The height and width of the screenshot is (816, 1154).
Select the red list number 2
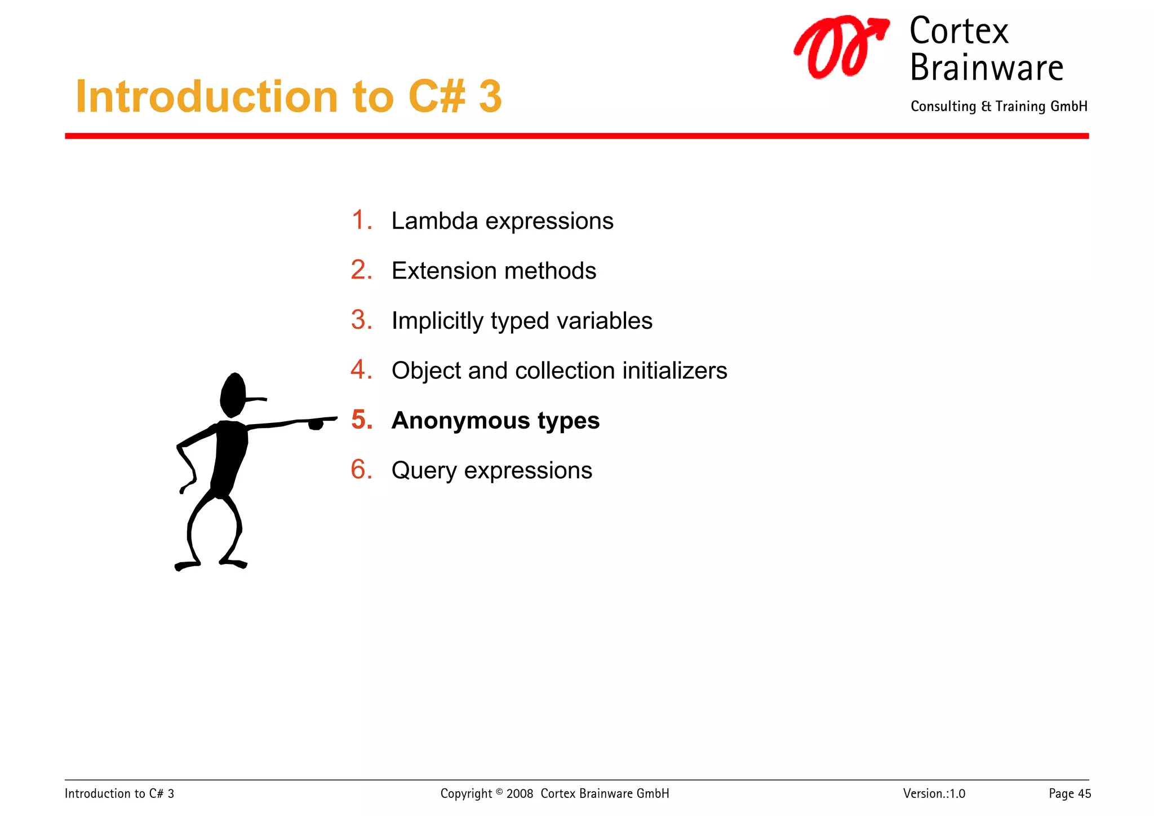pos(361,270)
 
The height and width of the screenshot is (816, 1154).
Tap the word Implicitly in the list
pos(437,321)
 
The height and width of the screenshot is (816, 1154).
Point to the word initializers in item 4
pos(674,370)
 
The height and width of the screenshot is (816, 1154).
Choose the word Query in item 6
pos(423,471)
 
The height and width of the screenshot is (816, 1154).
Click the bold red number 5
pos(362,420)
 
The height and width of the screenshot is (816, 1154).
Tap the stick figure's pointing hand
pos(317,423)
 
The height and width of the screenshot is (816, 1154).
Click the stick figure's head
pos(232,395)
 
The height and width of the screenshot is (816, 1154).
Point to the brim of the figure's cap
pos(257,399)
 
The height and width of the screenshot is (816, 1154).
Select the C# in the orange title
pos(437,97)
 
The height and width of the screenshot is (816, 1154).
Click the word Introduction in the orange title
pos(206,97)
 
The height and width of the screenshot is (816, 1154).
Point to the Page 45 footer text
pos(1069,793)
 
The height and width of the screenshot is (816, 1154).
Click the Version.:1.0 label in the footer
pos(934,793)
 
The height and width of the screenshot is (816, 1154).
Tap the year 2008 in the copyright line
pos(520,793)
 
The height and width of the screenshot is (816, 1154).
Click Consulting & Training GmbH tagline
pos(998,107)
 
